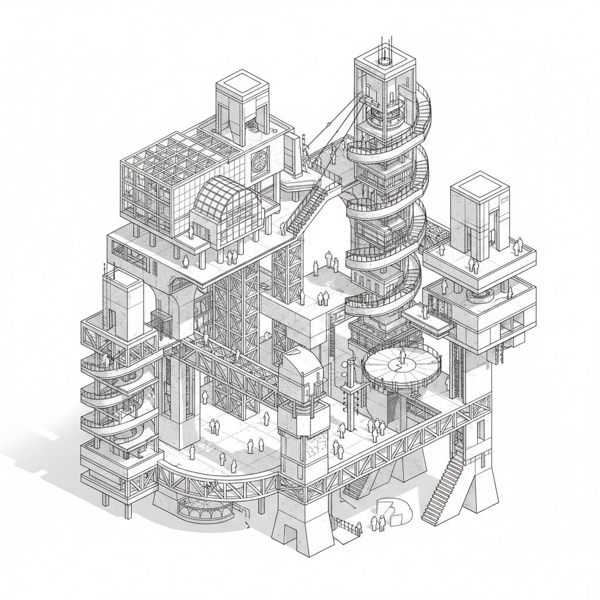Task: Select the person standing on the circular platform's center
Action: (x=403, y=356)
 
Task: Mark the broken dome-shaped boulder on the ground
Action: (x=394, y=510)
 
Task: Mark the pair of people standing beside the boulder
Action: (x=377, y=522)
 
